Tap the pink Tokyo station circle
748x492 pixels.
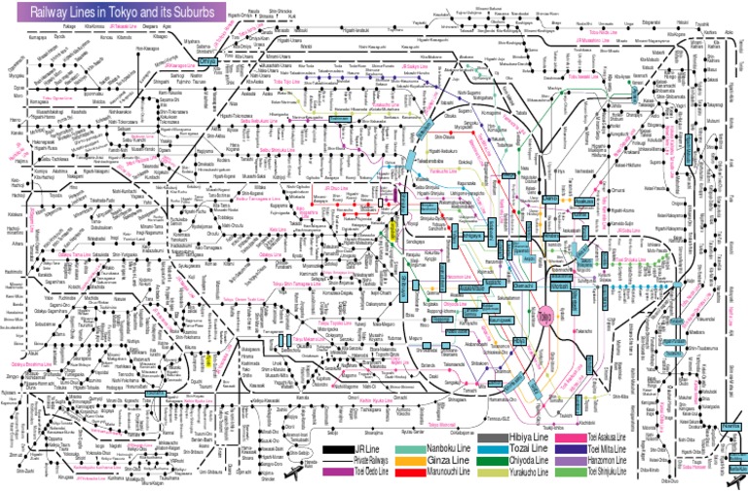[544, 317]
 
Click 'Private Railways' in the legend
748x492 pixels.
[374, 460]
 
